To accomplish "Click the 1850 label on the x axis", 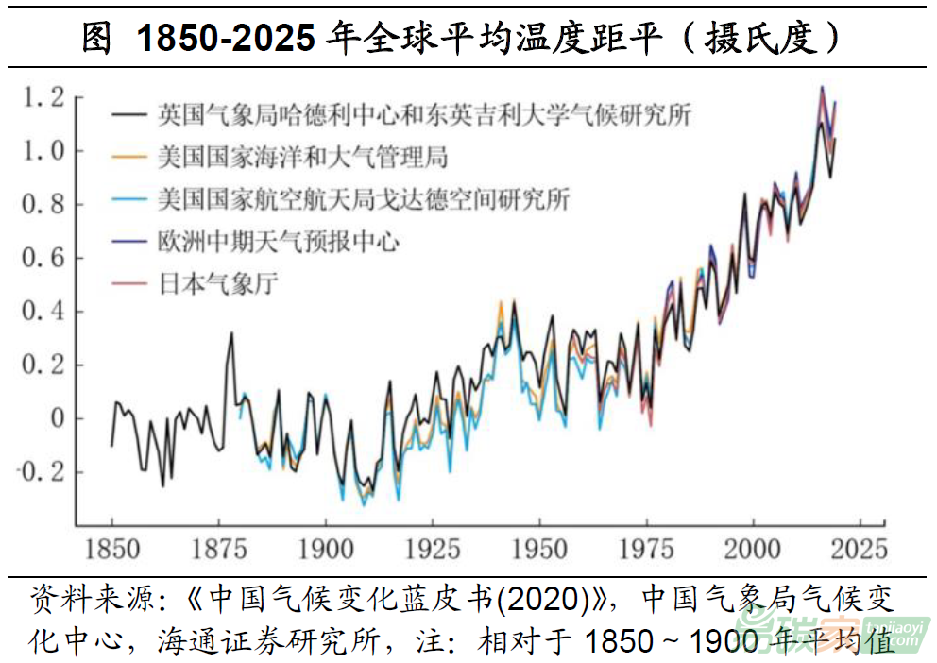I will pyautogui.click(x=112, y=549).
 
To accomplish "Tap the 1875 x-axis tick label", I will pyautogui.click(x=219, y=549).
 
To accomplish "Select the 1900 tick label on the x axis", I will pyautogui.click(x=326, y=549).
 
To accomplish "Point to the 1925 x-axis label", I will pyautogui.click(x=433, y=549).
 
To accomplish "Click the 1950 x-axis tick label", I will pyautogui.click(x=539, y=549).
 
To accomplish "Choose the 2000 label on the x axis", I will pyautogui.click(x=754, y=549).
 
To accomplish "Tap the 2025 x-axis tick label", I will pyautogui.click(x=858, y=549).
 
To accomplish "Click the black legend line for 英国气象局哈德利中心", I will pyautogui.click(x=129, y=116).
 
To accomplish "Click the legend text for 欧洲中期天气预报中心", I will pyautogui.click(x=278, y=242).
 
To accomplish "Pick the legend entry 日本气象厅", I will pyautogui.click(x=217, y=284).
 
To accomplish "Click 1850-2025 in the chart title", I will pyautogui.click(x=226, y=39).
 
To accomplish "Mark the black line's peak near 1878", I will pyautogui.click(x=231, y=333).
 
